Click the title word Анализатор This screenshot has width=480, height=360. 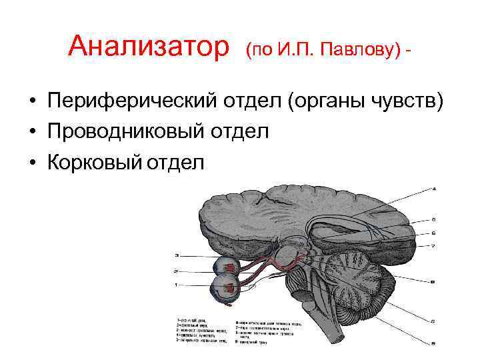149,47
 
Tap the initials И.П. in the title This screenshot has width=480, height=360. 294,49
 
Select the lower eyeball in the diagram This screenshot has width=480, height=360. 225,289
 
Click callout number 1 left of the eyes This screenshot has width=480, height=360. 177,285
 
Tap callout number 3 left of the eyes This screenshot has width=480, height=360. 177,255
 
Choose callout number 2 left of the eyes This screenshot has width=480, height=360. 177,271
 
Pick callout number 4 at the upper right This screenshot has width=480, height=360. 434,189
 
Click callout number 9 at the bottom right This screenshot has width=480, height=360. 434,343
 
